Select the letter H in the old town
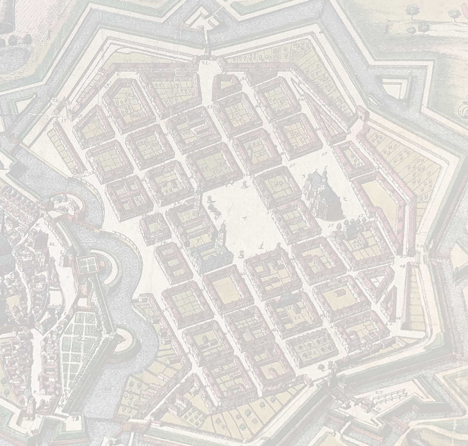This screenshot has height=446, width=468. coord(52,244)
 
